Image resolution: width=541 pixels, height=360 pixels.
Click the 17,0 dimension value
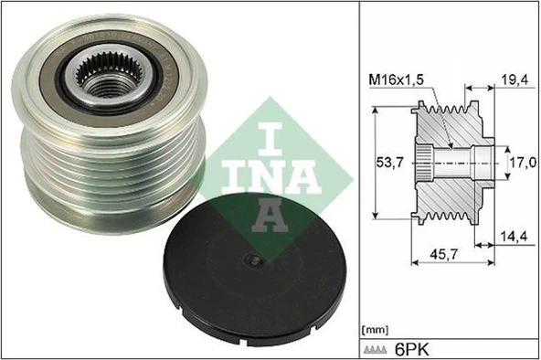click(x=522, y=164)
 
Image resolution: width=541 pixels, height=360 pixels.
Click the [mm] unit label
click(x=376, y=327)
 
